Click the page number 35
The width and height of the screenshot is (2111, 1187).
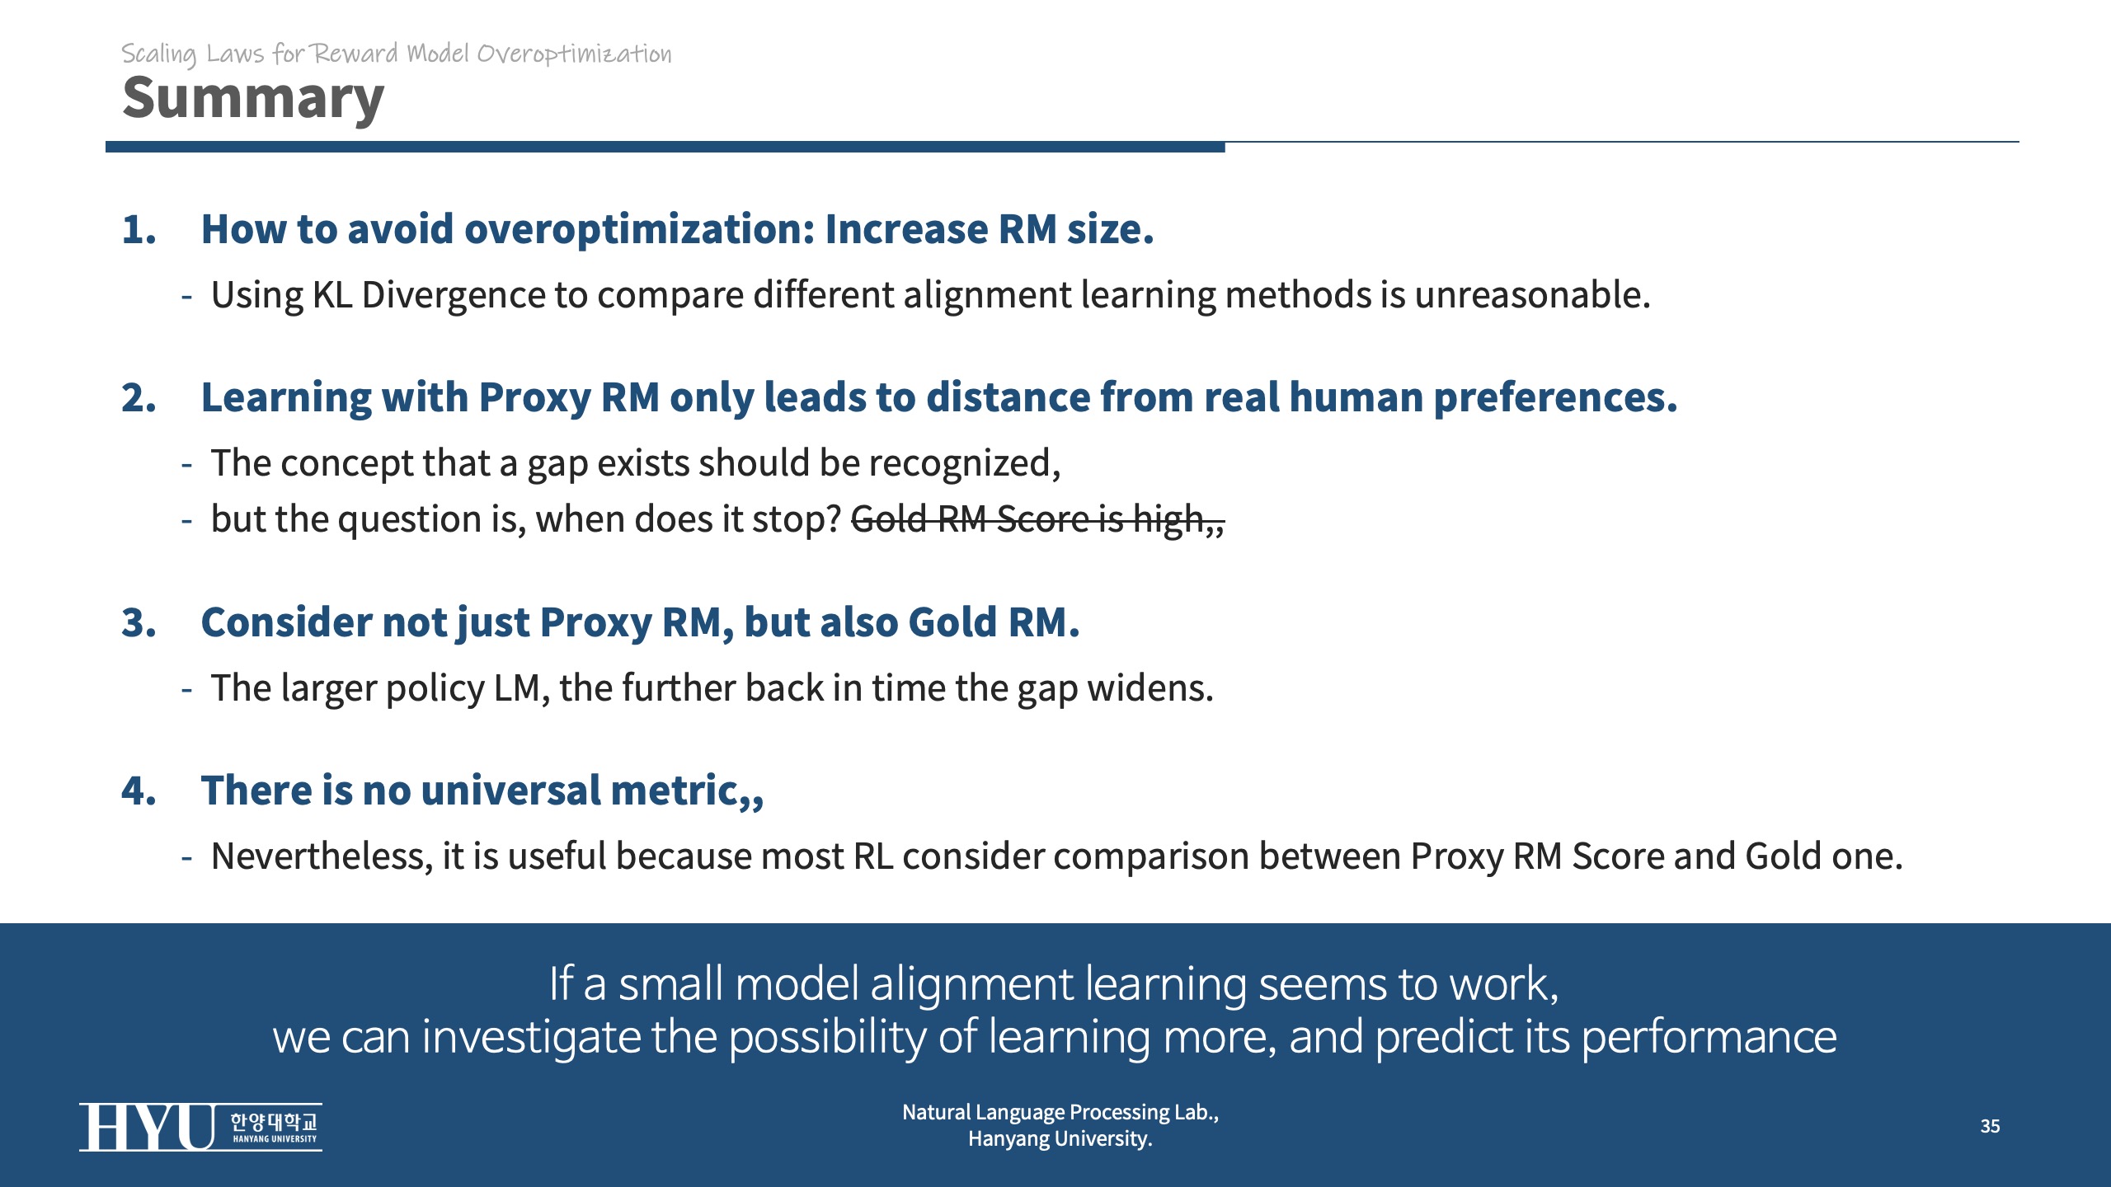[x=1990, y=1126]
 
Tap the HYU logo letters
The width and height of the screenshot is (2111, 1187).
[x=148, y=1127]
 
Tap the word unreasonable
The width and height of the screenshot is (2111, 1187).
[x=1532, y=295]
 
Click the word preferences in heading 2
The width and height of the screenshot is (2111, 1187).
[x=1555, y=398]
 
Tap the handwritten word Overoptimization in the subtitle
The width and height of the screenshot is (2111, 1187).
[x=575, y=54]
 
